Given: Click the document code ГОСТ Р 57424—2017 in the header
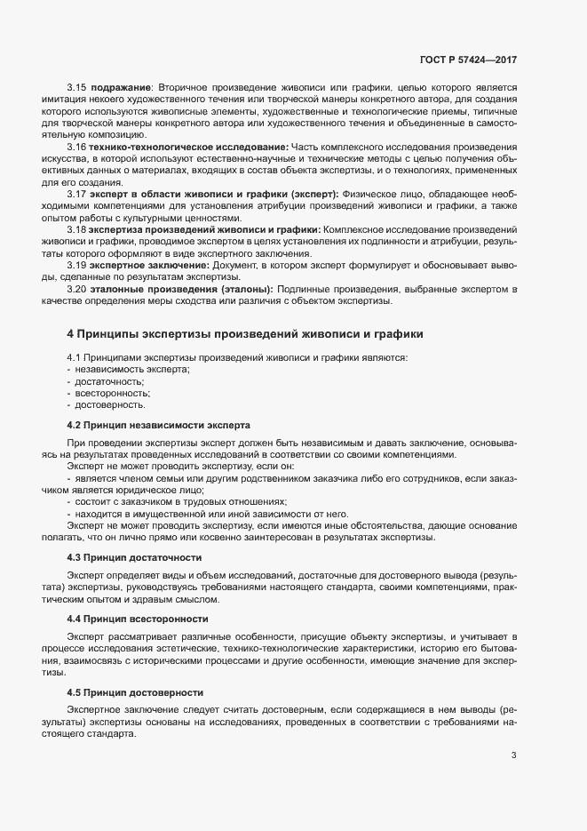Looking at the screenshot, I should tap(468, 60).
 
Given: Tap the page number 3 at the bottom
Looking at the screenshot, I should tap(513, 756).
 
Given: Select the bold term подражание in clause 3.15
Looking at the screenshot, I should tap(118, 86).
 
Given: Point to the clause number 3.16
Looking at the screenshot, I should tap(75, 146).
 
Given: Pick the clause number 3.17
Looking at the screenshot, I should tap(75, 193).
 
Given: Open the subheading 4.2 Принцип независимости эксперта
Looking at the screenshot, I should tap(158, 425).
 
